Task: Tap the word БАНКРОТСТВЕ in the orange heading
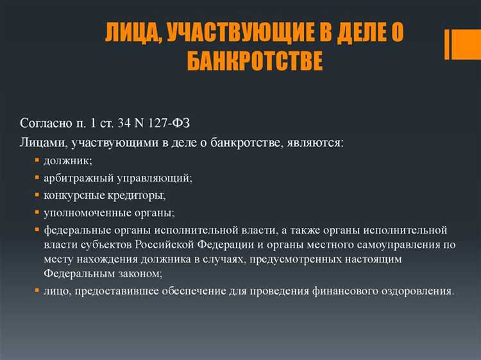[x=255, y=62]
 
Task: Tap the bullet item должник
[x=68, y=160]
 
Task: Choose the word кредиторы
[x=135, y=194]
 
